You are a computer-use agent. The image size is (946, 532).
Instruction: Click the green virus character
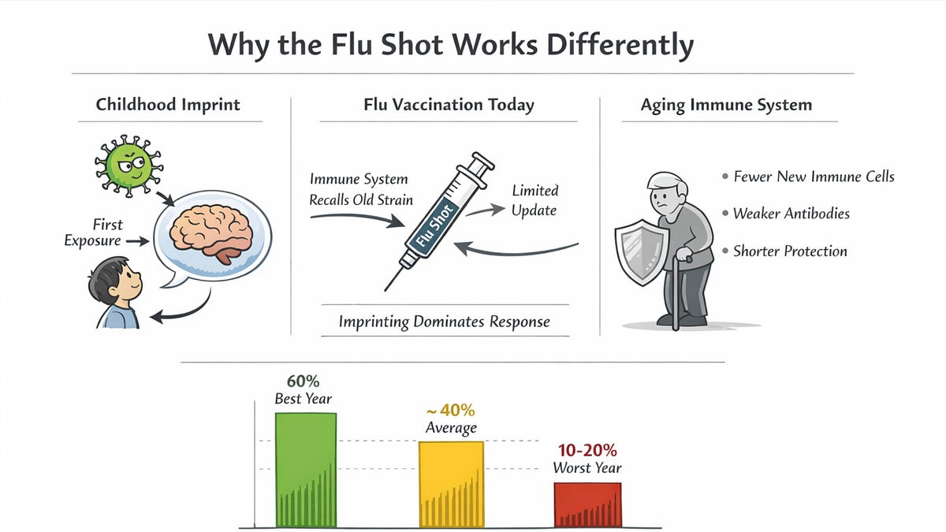click(x=129, y=165)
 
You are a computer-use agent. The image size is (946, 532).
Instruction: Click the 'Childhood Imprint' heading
click(x=168, y=105)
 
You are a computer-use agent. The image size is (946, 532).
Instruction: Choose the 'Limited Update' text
click(x=534, y=200)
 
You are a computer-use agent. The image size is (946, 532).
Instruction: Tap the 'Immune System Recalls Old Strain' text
click(x=361, y=189)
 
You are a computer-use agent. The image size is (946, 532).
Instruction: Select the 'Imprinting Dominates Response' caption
click(x=444, y=322)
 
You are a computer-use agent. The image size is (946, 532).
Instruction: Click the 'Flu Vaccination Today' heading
click(x=449, y=105)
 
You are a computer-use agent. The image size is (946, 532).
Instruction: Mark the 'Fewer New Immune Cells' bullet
click(x=814, y=177)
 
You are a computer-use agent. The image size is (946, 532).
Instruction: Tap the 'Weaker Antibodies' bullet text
click(x=791, y=214)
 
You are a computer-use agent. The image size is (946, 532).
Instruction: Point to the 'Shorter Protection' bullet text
click(x=790, y=251)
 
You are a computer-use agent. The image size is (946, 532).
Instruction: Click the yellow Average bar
click(x=450, y=484)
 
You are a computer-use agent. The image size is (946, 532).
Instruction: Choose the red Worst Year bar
click(x=587, y=504)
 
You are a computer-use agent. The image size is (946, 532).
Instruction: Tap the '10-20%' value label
click(x=587, y=450)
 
